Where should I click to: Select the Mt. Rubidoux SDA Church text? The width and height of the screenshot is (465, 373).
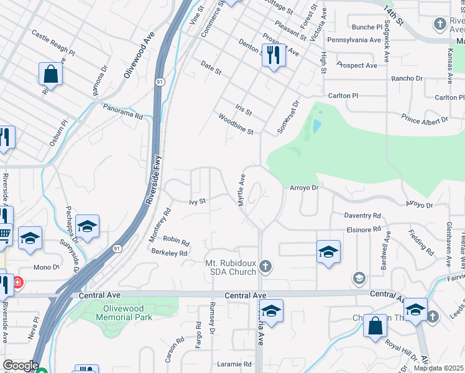pyautogui.click(x=231, y=267)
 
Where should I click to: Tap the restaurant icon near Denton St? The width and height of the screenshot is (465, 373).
pyautogui.click(x=273, y=55)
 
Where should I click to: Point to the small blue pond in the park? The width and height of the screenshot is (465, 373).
pyautogui.click(x=317, y=126)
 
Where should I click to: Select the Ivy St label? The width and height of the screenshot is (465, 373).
pyautogui.click(x=197, y=201)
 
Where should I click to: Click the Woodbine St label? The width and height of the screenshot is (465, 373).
pyautogui.click(x=236, y=123)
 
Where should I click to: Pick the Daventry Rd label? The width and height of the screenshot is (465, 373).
pyautogui.click(x=362, y=215)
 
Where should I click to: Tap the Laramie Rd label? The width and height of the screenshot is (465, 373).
pyautogui.click(x=234, y=364)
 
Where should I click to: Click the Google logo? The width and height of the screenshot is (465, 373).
pyautogui.click(x=21, y=366)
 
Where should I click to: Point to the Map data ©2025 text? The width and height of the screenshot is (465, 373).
pyautogui.click(x=438, y=368)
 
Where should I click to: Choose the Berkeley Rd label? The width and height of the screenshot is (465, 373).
pyautogui.click(x=169, y=253)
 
